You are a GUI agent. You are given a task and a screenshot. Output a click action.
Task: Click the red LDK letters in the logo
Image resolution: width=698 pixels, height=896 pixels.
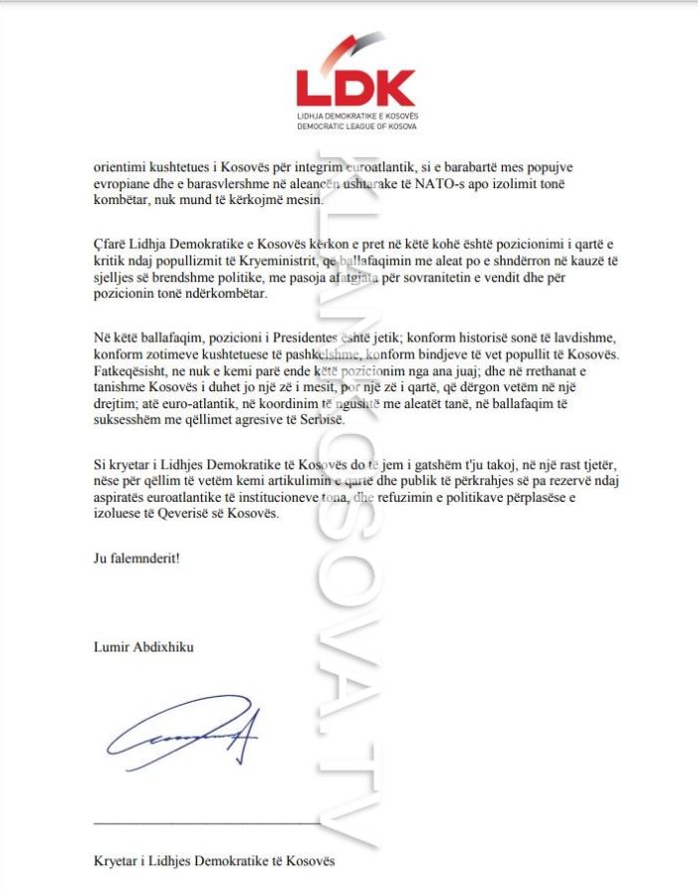tap(355, 88)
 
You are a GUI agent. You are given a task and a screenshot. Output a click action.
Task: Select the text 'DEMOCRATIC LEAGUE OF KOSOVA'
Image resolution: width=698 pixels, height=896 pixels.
tap(356, 126)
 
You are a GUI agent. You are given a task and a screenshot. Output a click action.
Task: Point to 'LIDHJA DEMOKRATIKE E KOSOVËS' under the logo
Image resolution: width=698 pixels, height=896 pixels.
tap(356, 116)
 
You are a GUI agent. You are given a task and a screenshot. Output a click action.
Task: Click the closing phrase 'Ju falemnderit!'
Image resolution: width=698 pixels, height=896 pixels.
tap(129, 559)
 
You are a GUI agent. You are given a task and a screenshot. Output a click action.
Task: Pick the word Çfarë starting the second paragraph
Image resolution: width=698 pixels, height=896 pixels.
tap(101, 243)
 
